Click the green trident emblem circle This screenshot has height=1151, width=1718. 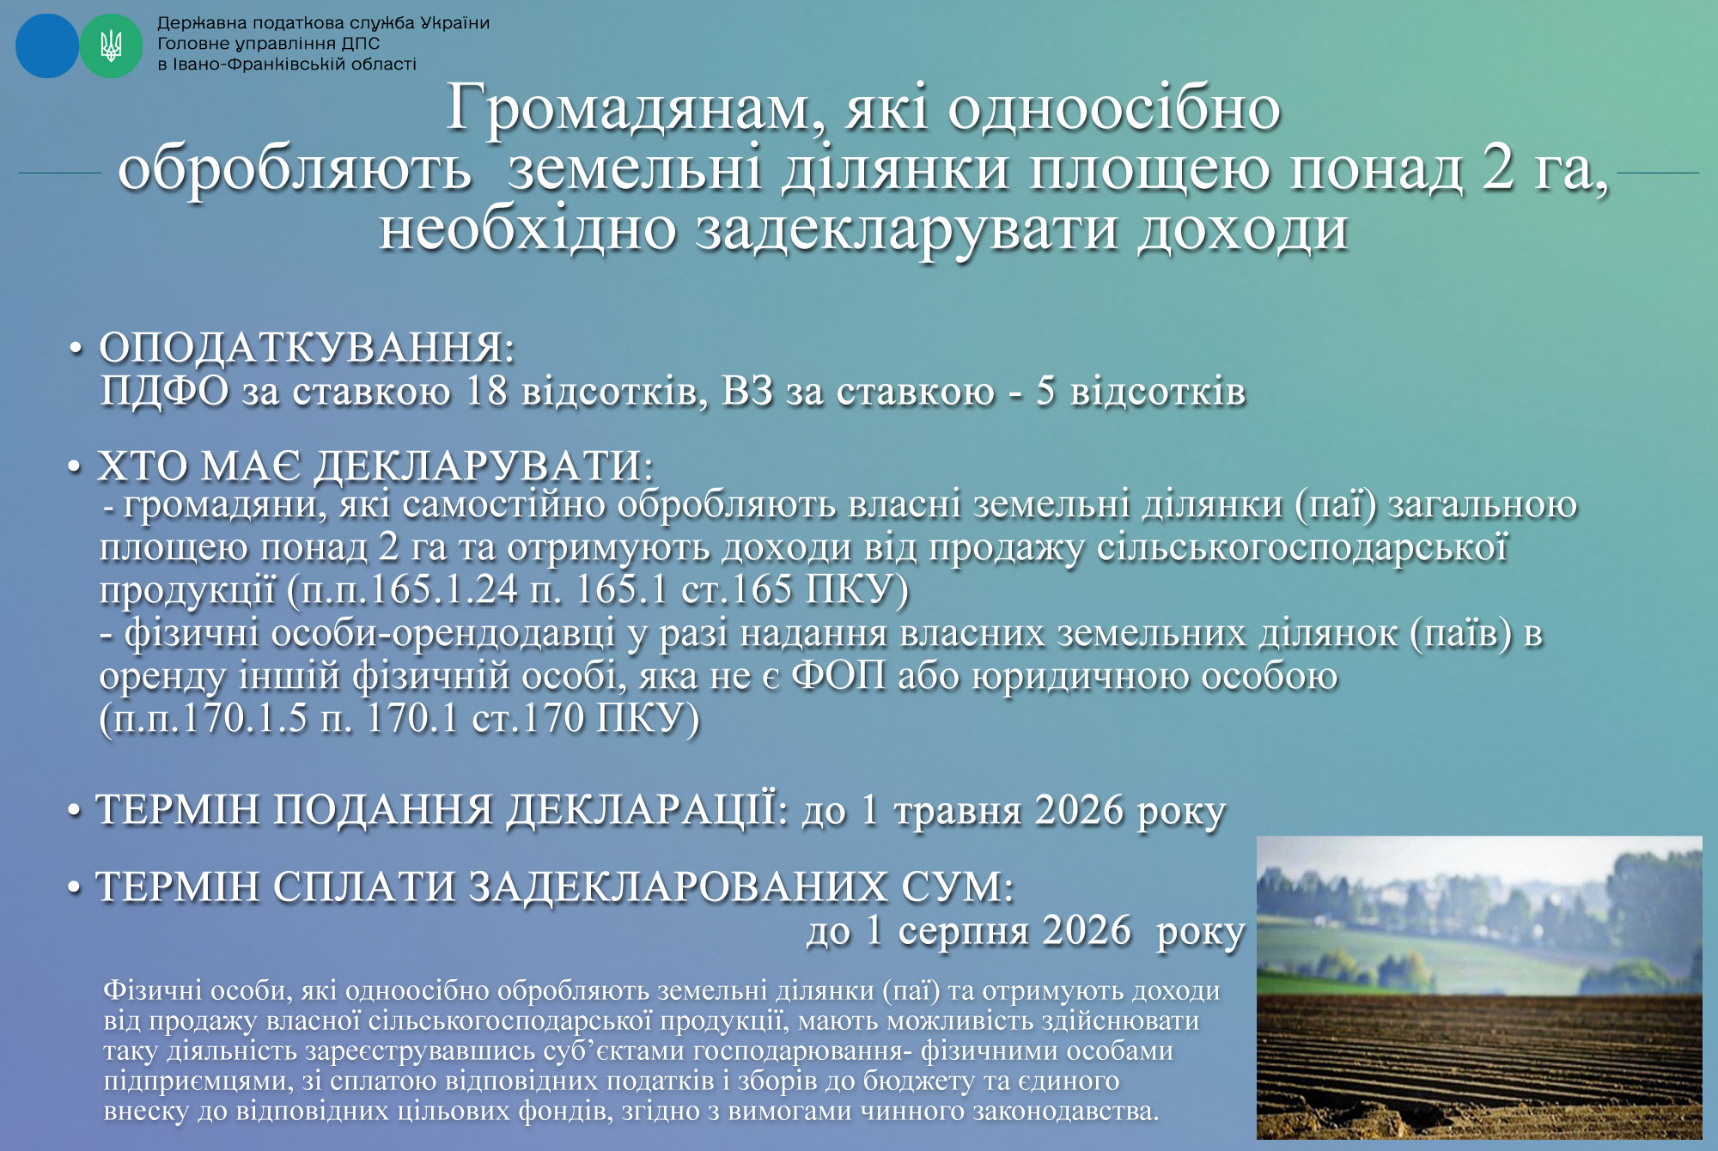[111, 46]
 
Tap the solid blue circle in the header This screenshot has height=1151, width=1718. [47, 46]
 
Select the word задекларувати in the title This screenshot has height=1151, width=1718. [906, 230]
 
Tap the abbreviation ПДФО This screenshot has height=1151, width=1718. [165, 391]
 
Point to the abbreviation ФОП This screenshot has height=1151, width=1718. [838, 675]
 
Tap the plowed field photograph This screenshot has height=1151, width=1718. [1479, 988]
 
